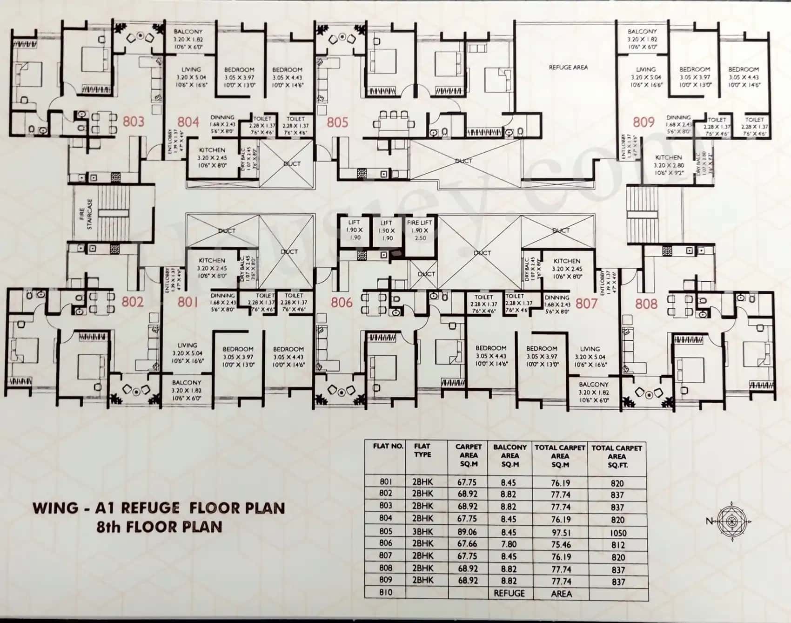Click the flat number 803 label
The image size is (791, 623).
coord(134,122)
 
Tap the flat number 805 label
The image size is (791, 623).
coord(337,122)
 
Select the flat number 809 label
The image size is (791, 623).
coord(644,122)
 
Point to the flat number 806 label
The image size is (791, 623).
coord(342,303)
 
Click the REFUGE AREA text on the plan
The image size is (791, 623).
coord(568,68)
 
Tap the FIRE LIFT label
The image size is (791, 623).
coord(419,223)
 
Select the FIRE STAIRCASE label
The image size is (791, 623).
coord(86,215)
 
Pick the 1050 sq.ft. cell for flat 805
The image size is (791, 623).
coord(618,533)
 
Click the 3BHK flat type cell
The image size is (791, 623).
coord(422,531)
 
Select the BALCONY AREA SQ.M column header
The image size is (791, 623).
coord(510,455)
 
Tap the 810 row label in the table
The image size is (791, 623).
coord(386,592)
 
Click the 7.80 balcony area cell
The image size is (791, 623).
coord(509,544)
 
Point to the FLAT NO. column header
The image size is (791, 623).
coord(388,446)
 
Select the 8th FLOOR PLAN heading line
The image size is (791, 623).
coord(159,527)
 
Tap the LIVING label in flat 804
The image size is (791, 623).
coord(191,69)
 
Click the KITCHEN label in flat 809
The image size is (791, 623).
coord(668,157)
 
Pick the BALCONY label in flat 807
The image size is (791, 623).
coord(593,385)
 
